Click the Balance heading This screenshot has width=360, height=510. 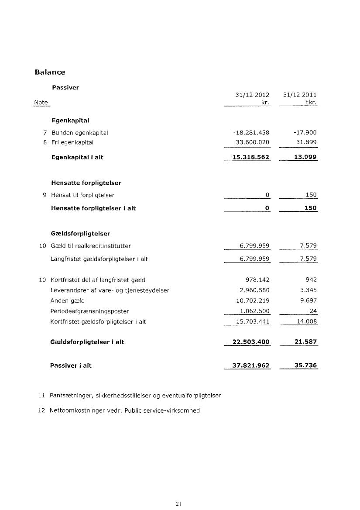click(50, 72)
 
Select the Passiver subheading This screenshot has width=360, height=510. click(65, 87)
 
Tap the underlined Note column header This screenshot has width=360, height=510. click(41, 102)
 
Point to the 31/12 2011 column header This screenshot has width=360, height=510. click(300, 95)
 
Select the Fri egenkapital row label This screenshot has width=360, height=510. click(72, 142)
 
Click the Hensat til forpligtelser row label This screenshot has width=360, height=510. click(83, 195)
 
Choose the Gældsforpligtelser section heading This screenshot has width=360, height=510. click(80, 233)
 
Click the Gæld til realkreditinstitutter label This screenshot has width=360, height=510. click(91, 246)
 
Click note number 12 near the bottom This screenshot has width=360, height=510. click(42, 410)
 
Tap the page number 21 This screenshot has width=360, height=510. click(178, 503)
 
